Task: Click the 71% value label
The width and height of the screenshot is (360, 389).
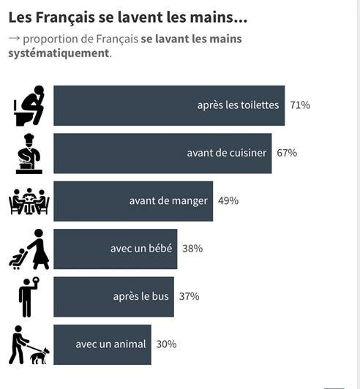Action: tap(300, 105)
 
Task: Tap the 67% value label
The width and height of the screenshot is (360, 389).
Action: tap(287, 153)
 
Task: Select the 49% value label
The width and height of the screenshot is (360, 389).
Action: tap(228, 200)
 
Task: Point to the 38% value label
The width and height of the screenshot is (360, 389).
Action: tap(192, 249)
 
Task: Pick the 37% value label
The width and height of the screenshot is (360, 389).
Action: tap(190, 296)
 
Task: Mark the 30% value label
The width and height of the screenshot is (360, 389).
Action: tap(166, 344)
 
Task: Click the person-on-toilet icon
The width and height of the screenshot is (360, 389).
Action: tap(29, 106)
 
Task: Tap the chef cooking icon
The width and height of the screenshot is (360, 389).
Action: tap(29, 154)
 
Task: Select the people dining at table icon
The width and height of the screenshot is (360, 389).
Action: tap(29, 201)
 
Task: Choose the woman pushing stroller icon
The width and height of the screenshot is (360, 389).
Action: tap(29, 249)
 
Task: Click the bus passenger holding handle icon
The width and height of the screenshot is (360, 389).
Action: tap(29, 297)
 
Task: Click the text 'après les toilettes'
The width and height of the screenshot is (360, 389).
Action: tap(238, 105)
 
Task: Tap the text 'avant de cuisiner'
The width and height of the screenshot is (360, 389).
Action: tap(227, 153)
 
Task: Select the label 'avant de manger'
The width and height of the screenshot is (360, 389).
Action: tap(168, 201)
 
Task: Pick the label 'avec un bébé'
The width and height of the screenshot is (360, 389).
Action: tap(141, 249)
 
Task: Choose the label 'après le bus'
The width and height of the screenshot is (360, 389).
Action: tap(141, 296)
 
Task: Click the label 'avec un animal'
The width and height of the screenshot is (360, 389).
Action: tap(110, 344)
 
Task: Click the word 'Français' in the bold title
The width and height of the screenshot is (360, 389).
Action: tap(65, 18)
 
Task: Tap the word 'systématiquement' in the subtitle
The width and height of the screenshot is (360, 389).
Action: tap(59, 53)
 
